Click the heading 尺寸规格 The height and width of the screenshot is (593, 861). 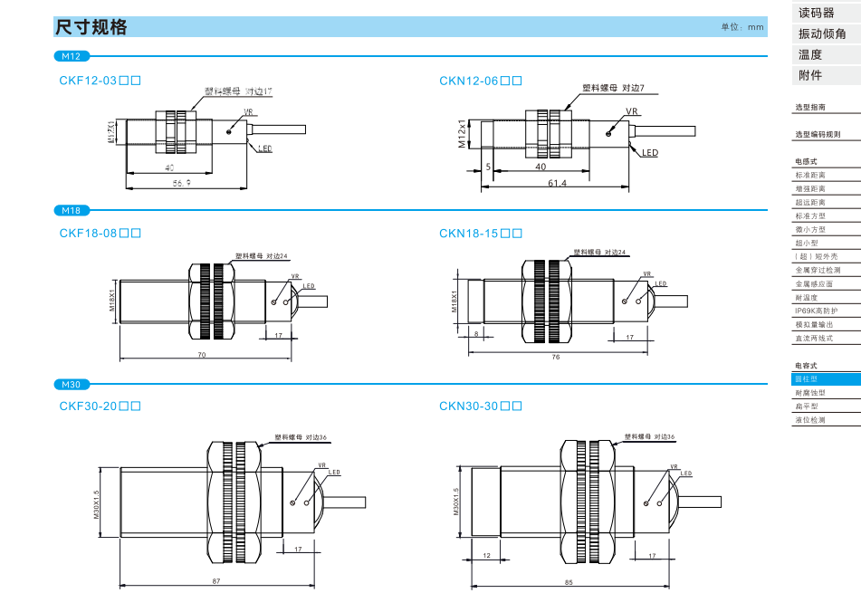(91, 27)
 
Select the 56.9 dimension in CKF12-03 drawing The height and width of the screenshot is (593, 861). (181, 183)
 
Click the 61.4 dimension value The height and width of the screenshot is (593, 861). (557, 183)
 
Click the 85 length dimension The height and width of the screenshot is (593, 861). (568, 581)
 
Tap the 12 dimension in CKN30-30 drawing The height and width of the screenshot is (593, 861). (486, 555)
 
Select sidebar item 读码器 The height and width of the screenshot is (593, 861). (816, 13)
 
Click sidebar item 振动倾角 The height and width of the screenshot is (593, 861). (822, 33)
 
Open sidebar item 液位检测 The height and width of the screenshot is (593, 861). (809, 420)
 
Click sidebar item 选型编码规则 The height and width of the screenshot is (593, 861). (817, 134)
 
